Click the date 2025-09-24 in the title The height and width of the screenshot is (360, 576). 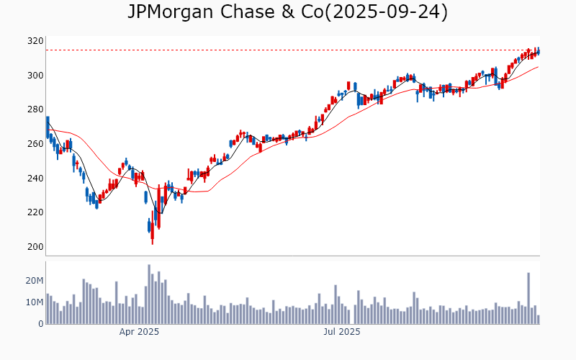point(386,12)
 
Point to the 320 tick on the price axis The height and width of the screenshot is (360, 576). point(35,41)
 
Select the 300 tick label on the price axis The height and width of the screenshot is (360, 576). point(35,76)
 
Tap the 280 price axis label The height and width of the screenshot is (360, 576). point(35,109)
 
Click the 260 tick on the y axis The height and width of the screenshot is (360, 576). point(35,144)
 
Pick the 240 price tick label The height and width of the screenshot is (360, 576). point(35,179)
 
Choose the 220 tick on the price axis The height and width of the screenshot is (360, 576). point(35,212)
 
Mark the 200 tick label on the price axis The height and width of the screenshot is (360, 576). point(35,247)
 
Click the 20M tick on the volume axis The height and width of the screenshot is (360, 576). point(33,281)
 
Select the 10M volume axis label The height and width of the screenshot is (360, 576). point(33,302)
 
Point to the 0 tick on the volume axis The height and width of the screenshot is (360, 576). point(40,324)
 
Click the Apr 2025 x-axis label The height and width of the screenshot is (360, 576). point(139,332)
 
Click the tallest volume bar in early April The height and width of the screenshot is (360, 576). point(149,294)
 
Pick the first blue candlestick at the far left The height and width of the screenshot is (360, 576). point(48,127)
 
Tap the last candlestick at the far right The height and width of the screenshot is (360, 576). point(539,51)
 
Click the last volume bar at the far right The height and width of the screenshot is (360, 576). point(538,320)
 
